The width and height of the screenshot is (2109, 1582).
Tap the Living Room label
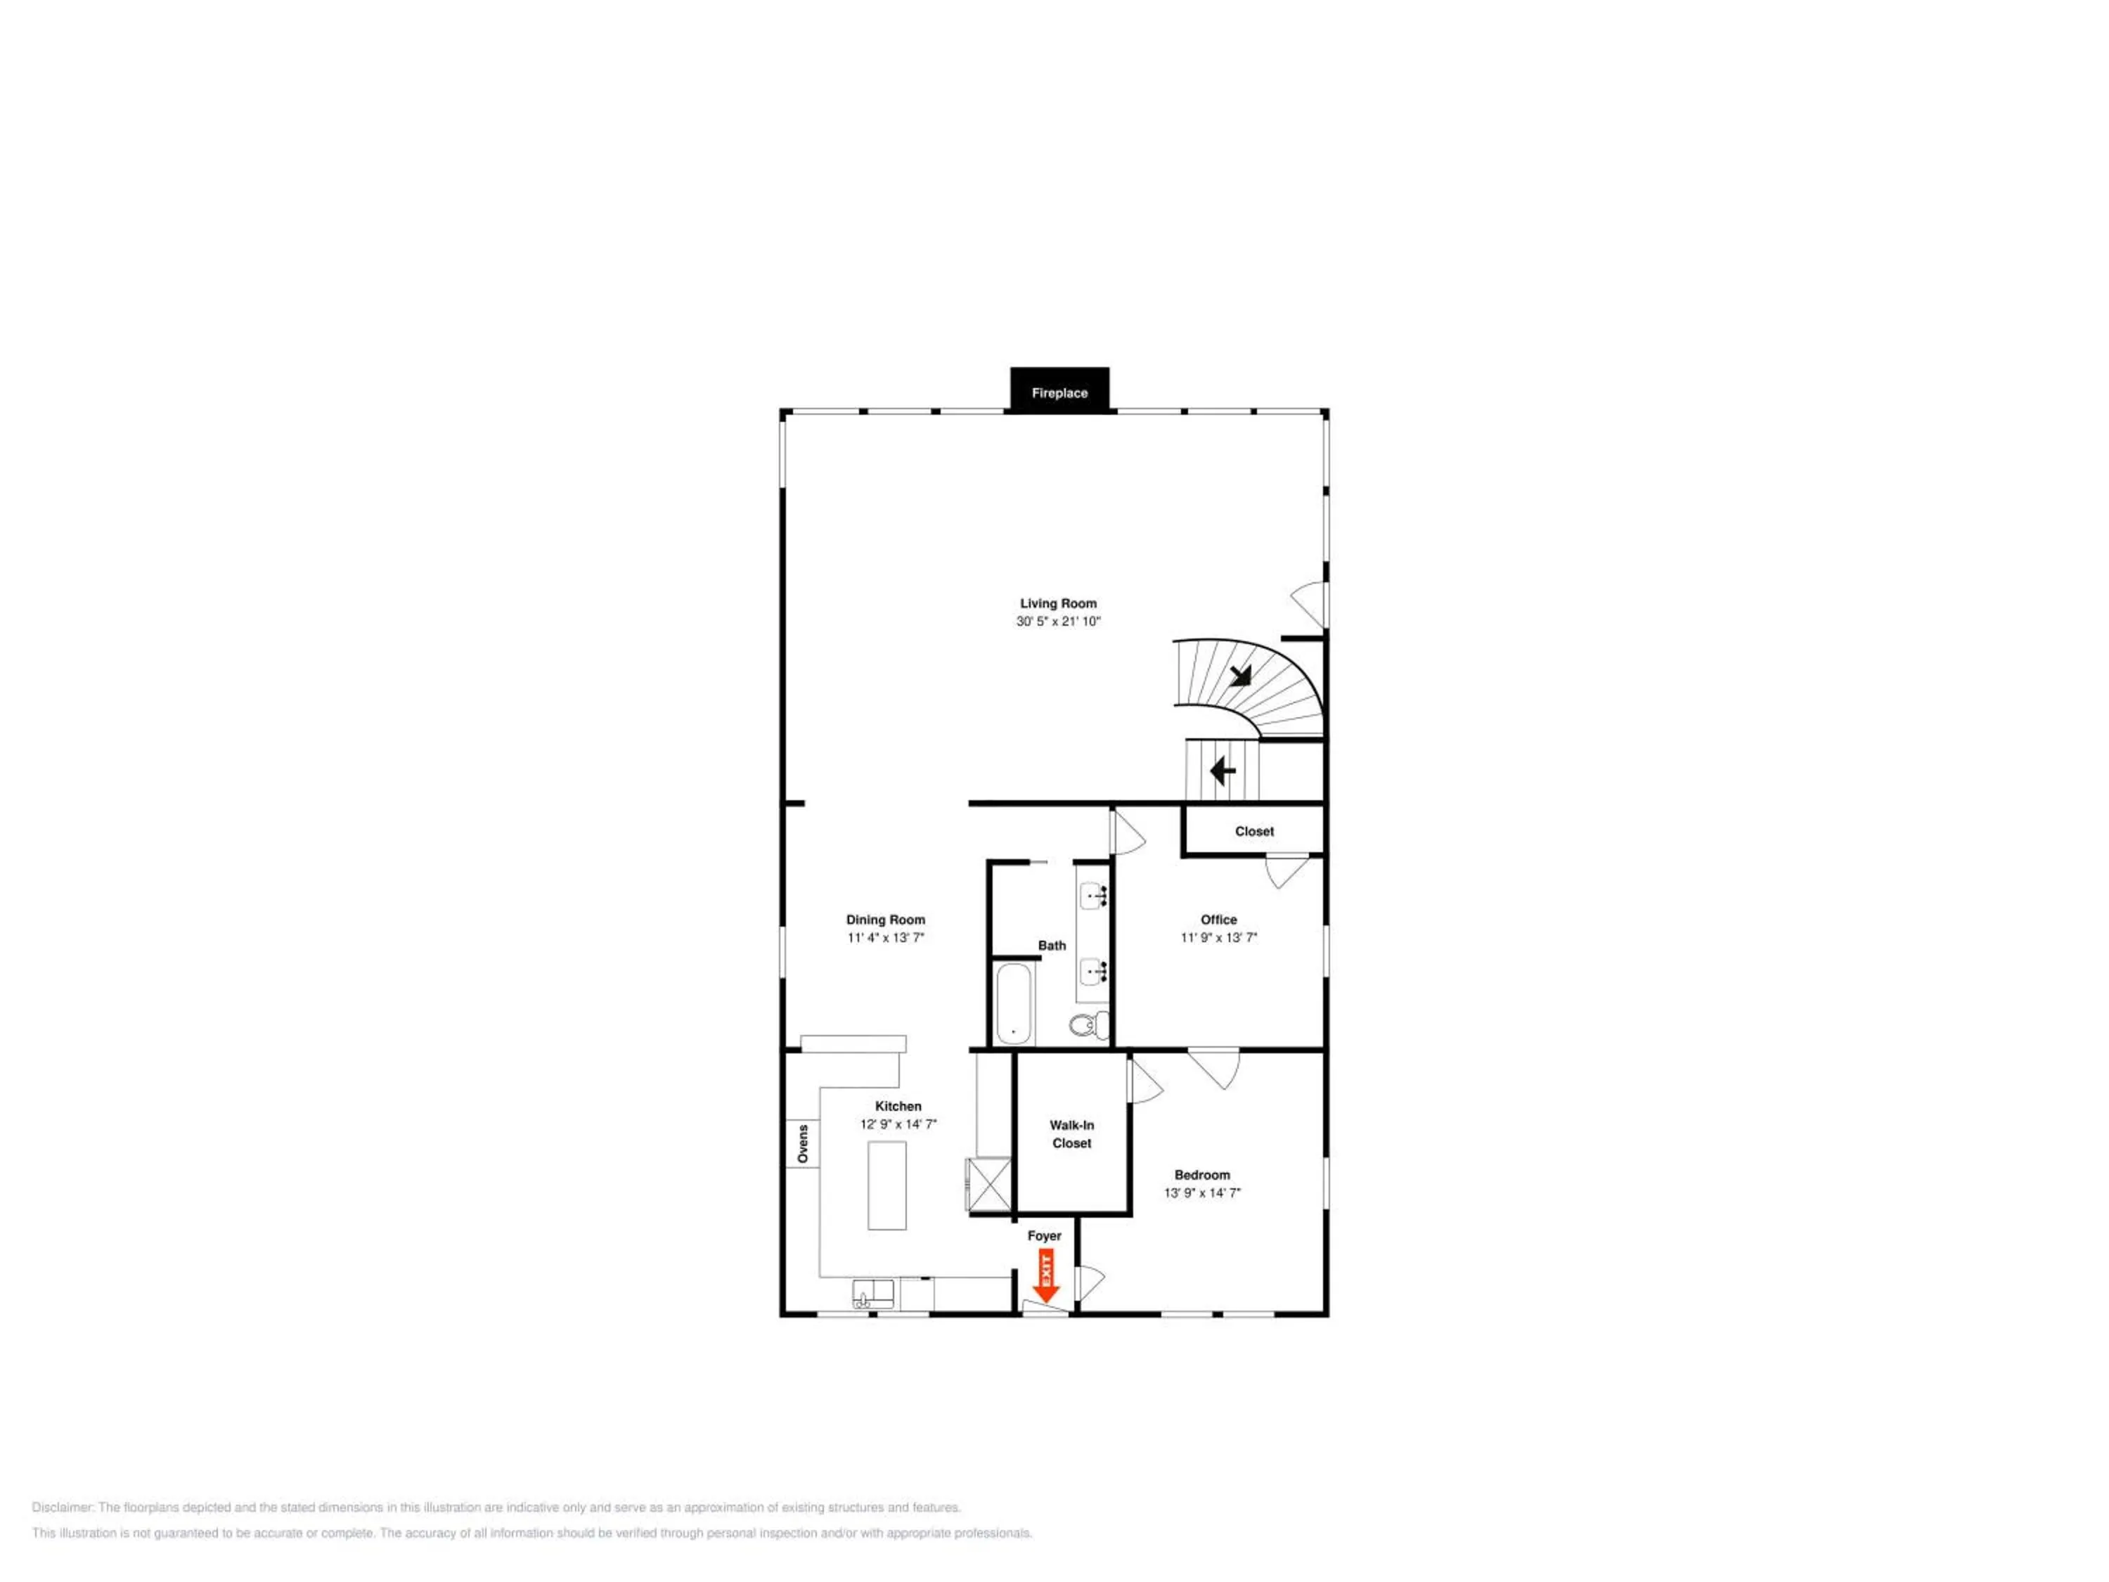click(x=1058, y=603)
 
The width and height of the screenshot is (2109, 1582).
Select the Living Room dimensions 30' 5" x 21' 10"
click(x=1058, y=622)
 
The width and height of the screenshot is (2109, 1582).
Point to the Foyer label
click(x=1044, y=1236)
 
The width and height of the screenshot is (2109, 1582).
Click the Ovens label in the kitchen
click(x=803, y=1144)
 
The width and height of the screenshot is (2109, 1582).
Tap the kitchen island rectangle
click(x=886, y=1185)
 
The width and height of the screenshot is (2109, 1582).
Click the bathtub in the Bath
click(x=1014, y=1004)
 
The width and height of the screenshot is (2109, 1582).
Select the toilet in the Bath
click(x=1090, y=1025)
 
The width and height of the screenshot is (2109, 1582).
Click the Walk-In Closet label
click(x=1071, y=1134)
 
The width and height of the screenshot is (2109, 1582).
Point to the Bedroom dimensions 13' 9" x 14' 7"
click(x=1202, y=1193)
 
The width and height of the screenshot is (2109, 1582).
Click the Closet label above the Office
click(x=1255, y=832)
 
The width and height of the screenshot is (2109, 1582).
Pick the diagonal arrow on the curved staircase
click(x=1239, y=675)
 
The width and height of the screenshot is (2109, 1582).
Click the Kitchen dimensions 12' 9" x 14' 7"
click(x=898, y=1124)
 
